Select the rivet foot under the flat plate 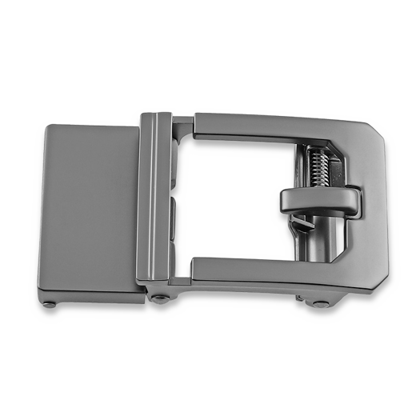click(x=50, y=303)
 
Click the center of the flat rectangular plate click(x=90, y=207)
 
